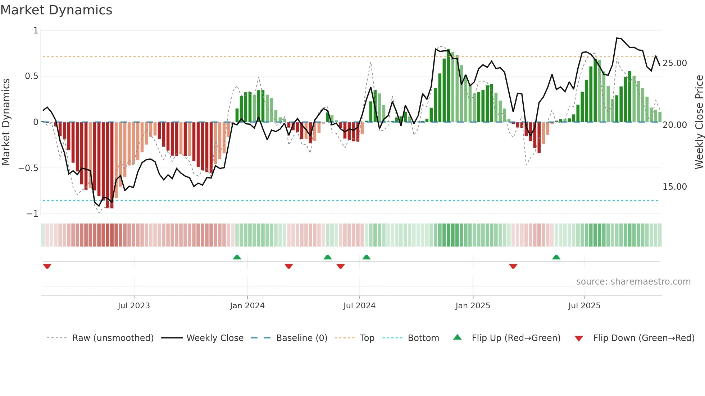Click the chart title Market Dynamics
(56, 10)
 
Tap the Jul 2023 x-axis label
(134, 306)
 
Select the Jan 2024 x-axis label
(247, 306)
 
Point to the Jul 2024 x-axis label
(359, 306)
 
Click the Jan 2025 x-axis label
(473, 306)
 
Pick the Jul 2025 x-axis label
(584, 306)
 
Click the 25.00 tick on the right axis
(674, 63)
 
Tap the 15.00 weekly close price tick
(674, 187)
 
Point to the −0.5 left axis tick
(28, 168)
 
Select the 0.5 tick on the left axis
(31, 76)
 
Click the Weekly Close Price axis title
(699, 122)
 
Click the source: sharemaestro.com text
(633, 282)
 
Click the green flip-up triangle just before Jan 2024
(237, 257)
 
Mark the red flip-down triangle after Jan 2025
(513, 266)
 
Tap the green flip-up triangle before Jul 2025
(556, 257)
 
